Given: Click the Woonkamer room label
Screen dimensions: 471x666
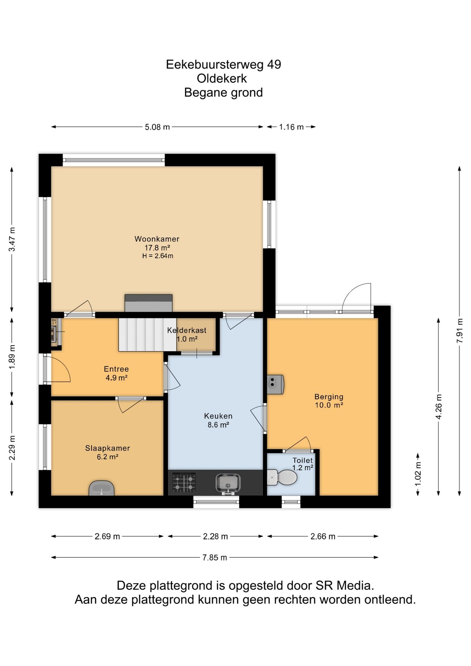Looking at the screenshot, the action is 157,239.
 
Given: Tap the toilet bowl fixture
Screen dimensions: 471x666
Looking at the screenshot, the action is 282,477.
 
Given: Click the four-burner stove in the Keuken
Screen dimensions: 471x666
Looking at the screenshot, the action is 184,482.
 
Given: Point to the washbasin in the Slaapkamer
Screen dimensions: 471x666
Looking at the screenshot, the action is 101,488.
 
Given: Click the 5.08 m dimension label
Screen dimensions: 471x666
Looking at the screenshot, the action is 157,127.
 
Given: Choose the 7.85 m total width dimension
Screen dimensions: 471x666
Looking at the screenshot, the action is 215,557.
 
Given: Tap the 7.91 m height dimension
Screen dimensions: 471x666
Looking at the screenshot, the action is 460,331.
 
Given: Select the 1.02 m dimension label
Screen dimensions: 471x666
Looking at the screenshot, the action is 418,474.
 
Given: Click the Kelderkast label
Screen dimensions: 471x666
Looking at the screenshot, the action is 187,330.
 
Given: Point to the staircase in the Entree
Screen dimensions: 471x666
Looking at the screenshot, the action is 147,334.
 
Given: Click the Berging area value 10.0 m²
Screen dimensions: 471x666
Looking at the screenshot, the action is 329,405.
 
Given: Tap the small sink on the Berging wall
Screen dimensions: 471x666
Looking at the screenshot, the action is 275,384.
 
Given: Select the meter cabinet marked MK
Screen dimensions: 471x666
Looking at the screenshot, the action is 55,332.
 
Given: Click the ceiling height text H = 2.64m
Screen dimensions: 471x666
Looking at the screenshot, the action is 157,256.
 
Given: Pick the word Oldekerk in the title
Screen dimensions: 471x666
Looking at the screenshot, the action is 222,78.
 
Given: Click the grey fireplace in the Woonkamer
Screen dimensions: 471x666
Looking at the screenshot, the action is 148,303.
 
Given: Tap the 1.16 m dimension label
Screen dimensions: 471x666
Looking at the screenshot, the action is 291,127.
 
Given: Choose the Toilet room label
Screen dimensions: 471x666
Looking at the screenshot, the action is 302,460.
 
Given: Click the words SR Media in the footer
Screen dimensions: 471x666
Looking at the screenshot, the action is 344,586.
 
